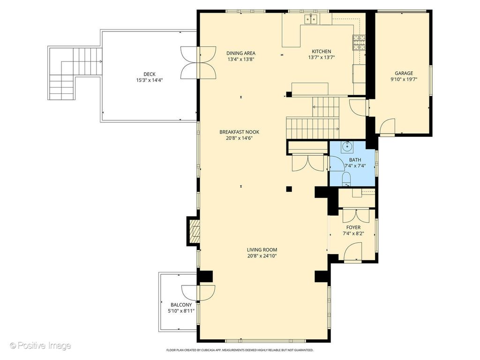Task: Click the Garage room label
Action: click(404, 73)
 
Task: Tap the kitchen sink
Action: click(311, 19)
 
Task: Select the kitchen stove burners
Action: click(359, 43)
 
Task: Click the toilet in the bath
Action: click(346, 179)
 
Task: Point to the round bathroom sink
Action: click(347, 146)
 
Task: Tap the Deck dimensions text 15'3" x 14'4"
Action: click(150, 80)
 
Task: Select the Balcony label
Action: click(181, 305)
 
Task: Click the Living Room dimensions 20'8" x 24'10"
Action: click(262, 256)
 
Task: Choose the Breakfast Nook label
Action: click(240, 132)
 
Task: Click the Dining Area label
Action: click(241, 53)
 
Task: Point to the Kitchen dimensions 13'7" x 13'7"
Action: click(322, 58)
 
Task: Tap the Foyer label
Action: click(353, 227)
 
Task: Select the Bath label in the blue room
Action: click(355, 160)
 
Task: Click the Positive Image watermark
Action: click(40, 346)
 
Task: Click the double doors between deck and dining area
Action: click(198, 63)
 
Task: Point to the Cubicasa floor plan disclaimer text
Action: click(240, 350)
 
